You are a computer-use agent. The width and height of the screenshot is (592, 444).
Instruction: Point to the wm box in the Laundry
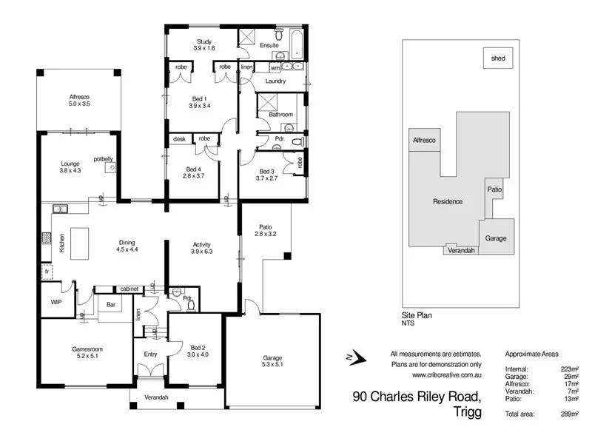[275, 67]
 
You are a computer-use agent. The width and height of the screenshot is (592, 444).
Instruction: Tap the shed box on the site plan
[498, 58]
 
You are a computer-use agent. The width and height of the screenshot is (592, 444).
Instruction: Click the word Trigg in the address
[464, 413]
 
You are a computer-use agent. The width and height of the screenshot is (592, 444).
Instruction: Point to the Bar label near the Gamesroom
[112, 304]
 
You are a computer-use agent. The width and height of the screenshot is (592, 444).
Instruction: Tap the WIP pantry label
[55, 302]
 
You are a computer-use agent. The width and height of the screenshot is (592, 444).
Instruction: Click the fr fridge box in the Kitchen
[46, 272]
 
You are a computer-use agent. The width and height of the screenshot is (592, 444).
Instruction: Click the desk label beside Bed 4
[179, 138]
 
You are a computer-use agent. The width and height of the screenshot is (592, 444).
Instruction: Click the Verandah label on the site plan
[462, 250]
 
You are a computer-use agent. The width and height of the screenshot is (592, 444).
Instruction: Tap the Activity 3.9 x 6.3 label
[202, 247]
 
